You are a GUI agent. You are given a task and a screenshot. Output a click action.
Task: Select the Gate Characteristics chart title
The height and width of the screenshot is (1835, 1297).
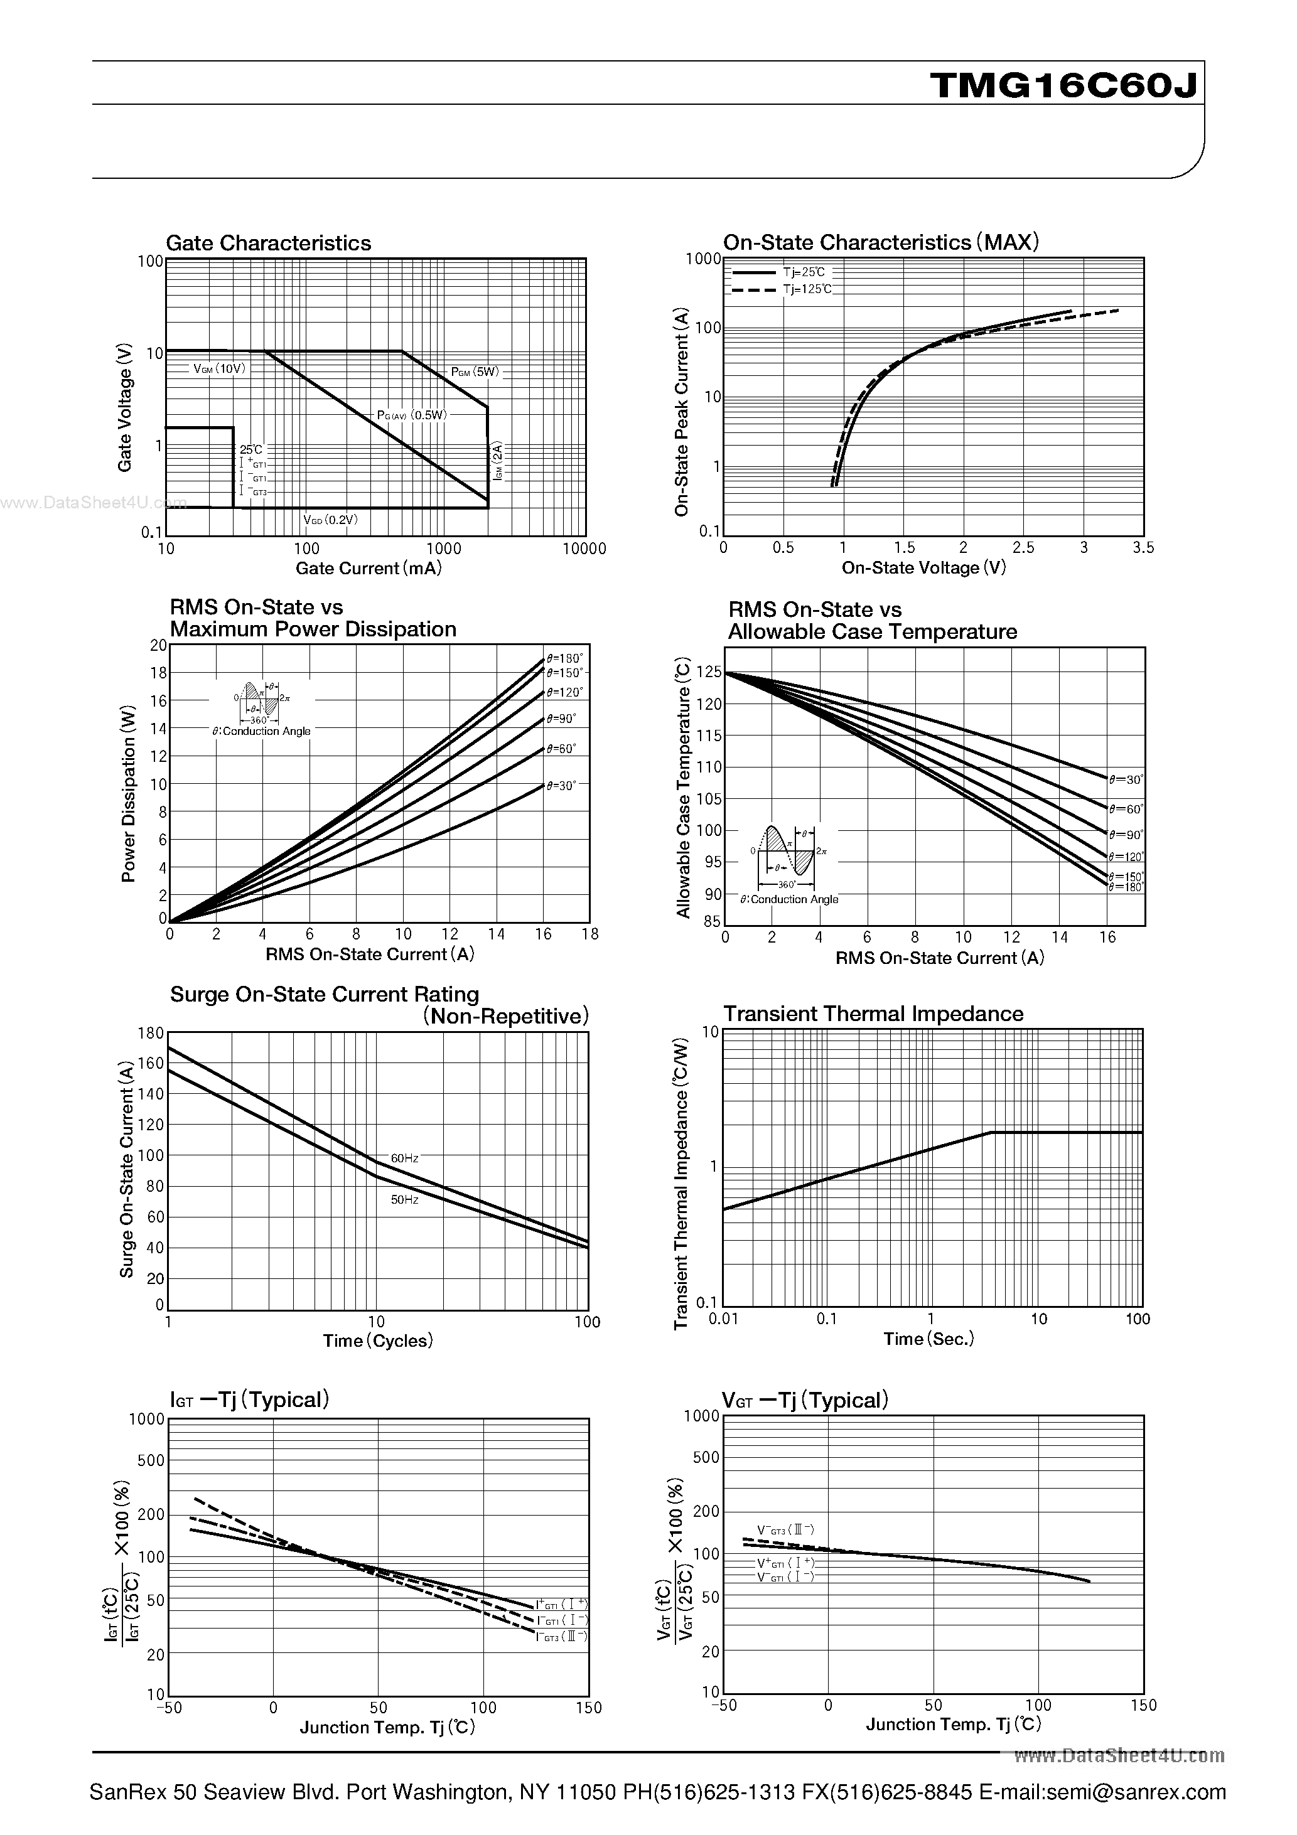point(268,243)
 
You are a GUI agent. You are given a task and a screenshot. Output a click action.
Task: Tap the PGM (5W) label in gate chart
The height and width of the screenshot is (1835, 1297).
point(474,372)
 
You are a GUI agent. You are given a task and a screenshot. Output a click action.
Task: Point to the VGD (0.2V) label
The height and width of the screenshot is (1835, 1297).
point(330,520)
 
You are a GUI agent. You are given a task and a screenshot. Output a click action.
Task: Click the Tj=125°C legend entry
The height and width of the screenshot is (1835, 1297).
point(807,289)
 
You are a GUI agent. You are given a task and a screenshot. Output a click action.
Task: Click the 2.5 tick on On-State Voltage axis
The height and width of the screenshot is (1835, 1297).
point(1023,547)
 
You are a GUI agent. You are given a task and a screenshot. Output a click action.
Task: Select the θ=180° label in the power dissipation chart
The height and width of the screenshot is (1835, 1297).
point(566,658)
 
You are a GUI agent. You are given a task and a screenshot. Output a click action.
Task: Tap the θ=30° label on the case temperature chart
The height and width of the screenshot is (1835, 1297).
point(1125,779)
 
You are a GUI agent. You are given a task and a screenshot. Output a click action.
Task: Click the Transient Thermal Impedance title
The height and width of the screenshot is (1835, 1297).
point(873,1014)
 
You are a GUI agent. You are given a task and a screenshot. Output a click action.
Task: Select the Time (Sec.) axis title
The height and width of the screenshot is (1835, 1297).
point(928,1339)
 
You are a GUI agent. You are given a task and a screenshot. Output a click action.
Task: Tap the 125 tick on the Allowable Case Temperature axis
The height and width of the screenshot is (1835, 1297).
point(709,673)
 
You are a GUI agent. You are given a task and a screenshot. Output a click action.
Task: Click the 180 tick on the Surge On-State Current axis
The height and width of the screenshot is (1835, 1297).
point(150,1032)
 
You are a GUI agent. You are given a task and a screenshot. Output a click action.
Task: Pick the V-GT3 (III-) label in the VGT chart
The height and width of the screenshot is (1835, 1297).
point(785,1529)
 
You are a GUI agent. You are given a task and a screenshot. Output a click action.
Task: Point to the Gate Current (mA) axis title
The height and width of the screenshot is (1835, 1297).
point(369,568)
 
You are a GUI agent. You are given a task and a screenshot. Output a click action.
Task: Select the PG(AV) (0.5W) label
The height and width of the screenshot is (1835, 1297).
point(412,415)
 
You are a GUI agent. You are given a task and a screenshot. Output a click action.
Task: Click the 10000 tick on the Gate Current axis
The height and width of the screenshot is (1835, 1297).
point(584,548)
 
